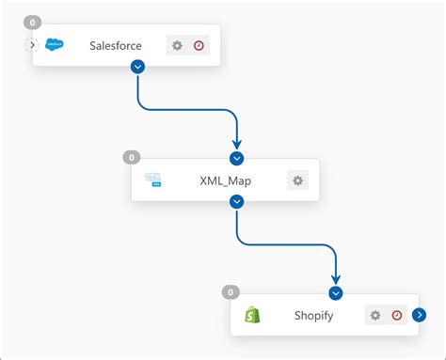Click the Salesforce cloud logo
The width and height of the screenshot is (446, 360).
[x=54, y=45]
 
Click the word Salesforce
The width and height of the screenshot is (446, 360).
[x=116, y=45]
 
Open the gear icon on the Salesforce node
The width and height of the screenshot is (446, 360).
[x=177, y=45]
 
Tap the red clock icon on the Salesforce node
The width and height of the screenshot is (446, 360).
[x=199, y=45]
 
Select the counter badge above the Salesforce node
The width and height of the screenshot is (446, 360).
[x=33, y=22]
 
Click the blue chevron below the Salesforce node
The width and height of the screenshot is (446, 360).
[x=138, y=66]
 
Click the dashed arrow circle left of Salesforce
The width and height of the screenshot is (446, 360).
[x=31, y=44]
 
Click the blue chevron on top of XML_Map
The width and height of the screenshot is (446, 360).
[x=237, y=159]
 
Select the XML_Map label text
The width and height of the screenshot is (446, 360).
[x=226, y=180]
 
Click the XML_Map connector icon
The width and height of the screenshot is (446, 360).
[x=153, y=180]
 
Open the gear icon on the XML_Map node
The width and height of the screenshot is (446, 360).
[x=297, y=180]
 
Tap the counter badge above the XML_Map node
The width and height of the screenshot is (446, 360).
[x=132, y=157]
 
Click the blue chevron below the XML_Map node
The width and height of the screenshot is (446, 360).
[x=237, y=201]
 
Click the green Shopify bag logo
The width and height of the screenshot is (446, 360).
[x=252, y=315]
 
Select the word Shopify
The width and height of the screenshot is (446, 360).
[x=314, y=316]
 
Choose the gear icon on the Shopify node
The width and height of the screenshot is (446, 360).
[x=375, y=316]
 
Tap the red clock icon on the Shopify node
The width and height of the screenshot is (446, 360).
[x=397, y=316]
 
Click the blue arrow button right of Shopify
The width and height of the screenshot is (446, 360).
[x=420, y=316]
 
